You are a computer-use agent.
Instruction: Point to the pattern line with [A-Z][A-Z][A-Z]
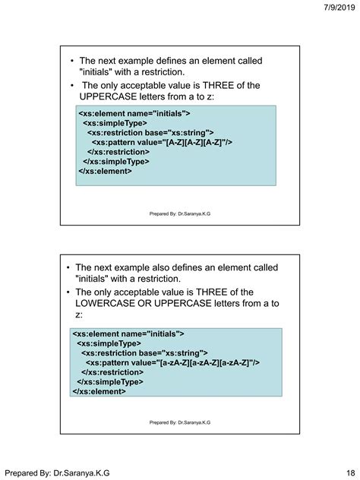click(x=162, y=142)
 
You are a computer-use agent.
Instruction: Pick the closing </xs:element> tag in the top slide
click(x=105, y=171)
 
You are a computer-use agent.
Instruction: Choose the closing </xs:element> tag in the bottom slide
click(x=99, y=392)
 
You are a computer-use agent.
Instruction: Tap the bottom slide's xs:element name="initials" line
click(x=128, y=333)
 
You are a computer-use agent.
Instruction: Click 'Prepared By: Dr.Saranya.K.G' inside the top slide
click(x=180, y=214)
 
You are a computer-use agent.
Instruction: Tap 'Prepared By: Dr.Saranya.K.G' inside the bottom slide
click(x=180, y=422)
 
